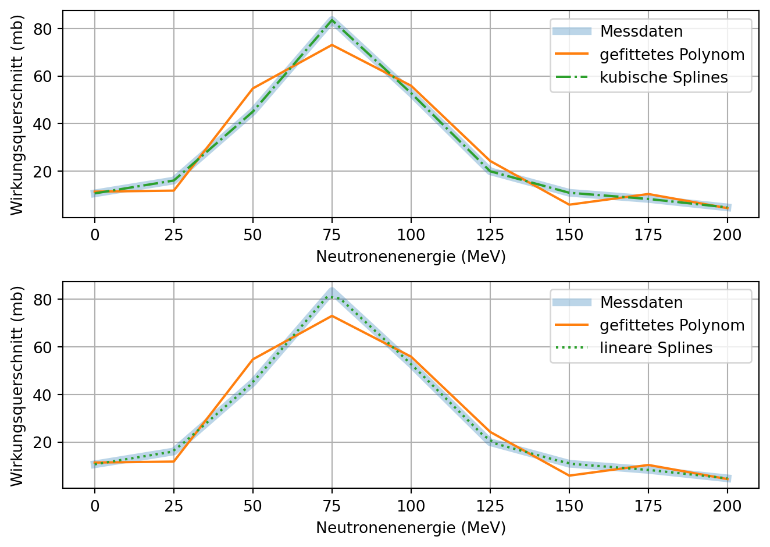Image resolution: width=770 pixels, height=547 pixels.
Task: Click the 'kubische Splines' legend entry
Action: [664, 77]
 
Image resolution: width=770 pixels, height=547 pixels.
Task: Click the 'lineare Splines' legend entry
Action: [656, 348]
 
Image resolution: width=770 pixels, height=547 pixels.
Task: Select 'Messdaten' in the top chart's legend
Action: [641, 31]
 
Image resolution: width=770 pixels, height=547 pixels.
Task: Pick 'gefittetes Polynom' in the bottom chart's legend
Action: [672, 325]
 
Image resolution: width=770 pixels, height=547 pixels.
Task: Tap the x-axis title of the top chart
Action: [411, 257]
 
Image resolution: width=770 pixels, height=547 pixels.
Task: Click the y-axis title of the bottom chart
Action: [17, 385]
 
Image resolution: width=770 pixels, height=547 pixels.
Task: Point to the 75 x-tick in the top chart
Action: [332, 235]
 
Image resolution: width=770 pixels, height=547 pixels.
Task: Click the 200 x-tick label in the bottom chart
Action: [727, 506]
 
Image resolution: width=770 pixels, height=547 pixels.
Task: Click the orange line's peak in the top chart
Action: [332, 45]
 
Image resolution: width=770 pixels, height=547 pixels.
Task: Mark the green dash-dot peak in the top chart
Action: [332, 20]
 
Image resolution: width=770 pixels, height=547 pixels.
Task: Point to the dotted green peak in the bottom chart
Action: [332, 297]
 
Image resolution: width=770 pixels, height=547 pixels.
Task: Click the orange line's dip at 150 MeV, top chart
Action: [569, 205]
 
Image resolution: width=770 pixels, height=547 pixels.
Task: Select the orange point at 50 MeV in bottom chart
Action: [253, 360]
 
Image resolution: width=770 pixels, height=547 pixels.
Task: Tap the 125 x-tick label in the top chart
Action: [490, 235]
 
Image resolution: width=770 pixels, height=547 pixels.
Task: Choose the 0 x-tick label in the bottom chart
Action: [95, 506]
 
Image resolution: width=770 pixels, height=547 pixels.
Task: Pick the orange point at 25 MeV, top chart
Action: [174, 190]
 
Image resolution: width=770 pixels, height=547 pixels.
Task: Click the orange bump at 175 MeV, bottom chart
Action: [648, 465]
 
